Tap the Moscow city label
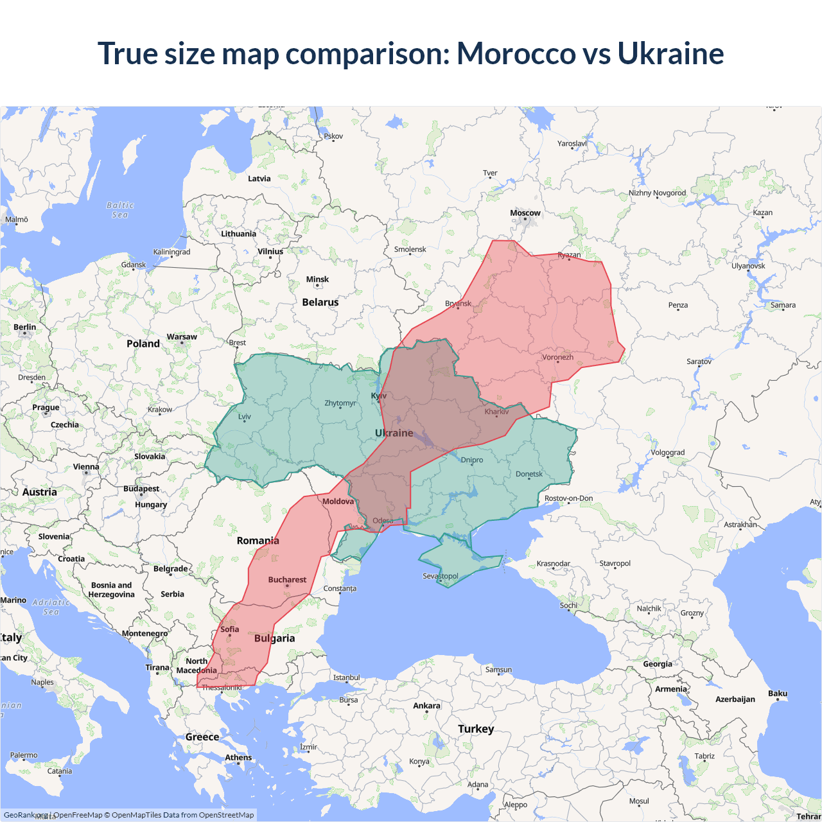pos(525,213)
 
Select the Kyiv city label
pos(379,396)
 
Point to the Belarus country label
pos(320,302)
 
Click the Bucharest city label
pos(287,580)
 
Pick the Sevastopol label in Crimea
pos(441,576)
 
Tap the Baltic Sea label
pos(120,210)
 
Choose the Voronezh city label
pos(557,357)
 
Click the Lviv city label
pos(245,417)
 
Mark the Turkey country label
pos(476,729)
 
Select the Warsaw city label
pos(182,337)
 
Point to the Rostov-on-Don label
pos(568,498)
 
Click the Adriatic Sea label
pos(51,607)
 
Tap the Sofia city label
pos(229,629)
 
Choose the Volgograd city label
pos(667,453)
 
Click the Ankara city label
pos(426,706)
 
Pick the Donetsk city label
pos(529,475)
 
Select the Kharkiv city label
pos(496,412)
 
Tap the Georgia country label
pos(658,664)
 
